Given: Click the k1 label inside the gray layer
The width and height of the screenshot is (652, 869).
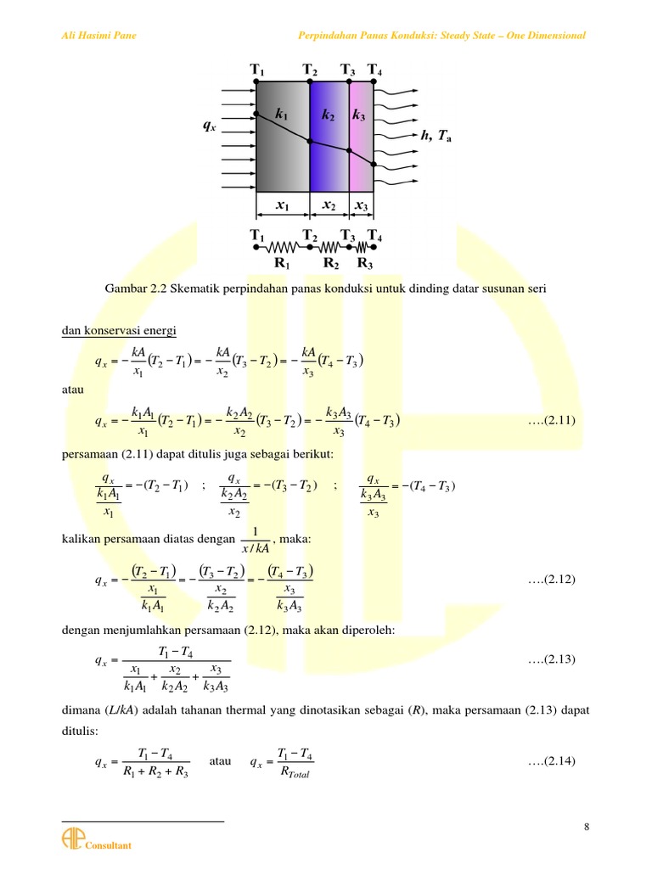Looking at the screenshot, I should [x=282, y=114].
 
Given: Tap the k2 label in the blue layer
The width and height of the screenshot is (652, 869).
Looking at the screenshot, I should [x=329, y=114].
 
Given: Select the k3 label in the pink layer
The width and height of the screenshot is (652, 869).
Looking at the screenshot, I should [x=359, y=114].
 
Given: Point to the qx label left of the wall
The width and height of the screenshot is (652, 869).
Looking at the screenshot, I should [x=209, y=126].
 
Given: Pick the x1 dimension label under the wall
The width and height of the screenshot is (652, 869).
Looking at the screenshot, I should [x=282, y=205].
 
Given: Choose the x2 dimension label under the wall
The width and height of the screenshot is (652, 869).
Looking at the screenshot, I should [x=329, y=205].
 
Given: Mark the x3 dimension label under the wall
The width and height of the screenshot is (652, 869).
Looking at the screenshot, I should [x=361, y=205].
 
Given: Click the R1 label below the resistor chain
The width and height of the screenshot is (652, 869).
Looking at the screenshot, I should [x=283, y=264].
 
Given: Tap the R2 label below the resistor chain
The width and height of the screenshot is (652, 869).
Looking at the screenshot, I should [x=332, y=264].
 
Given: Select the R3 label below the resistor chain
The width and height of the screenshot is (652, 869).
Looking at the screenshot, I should [x=364, y=264].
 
